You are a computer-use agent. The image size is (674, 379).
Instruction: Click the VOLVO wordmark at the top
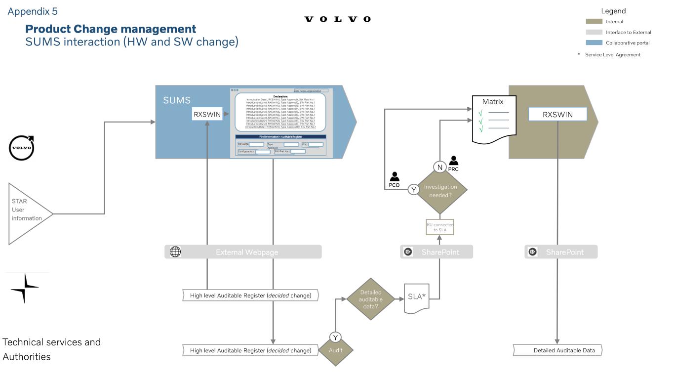[x=337, y=19]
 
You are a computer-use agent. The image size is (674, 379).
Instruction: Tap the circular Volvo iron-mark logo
[x=22, y=148]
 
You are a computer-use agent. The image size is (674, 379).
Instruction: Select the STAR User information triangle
[x=27, y=213]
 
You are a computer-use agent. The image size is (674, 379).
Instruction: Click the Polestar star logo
[x=24, y=288]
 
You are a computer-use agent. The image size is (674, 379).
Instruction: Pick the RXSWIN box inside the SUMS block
[x=207, y=114]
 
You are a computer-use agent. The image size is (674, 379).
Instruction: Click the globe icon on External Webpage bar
[x=175, y=252]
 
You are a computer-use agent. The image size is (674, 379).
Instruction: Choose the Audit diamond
[x=336, y=350]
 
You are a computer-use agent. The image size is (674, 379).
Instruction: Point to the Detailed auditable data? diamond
[x=370, y=299]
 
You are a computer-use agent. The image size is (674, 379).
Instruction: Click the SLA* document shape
[x=416, y=297]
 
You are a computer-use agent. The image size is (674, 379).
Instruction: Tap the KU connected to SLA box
[x=440, y=227]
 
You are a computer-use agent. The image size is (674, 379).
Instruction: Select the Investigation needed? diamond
[x=440, y=191]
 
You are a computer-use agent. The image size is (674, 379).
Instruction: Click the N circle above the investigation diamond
[x=439, y=167]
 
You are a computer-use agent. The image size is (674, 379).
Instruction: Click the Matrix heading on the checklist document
[x=493, y=102]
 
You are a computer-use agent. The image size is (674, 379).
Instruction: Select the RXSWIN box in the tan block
[x=557, y=115]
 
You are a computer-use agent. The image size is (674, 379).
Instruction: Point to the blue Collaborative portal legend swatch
[x=594, y=43]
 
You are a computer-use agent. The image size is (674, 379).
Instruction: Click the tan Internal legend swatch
[x=594, y=22]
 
